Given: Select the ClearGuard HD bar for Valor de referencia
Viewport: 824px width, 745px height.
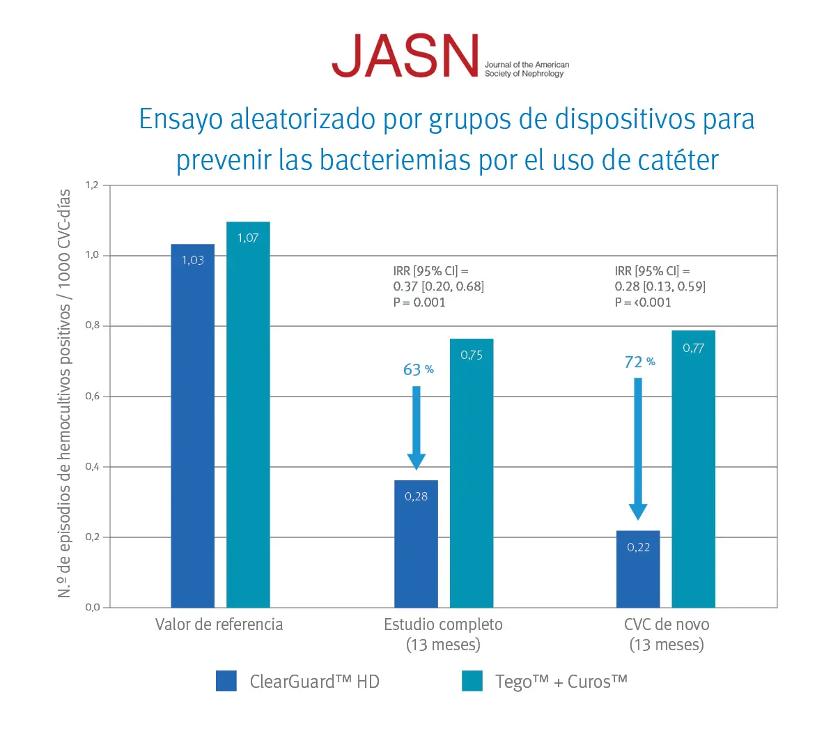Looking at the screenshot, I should [x=192, y=425].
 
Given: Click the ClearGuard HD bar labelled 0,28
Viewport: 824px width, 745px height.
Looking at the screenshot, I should [x=416, y=544].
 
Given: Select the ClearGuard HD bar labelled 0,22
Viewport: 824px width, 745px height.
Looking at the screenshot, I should [x=638, y=569].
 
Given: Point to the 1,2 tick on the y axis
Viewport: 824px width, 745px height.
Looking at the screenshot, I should [x=93, y=185].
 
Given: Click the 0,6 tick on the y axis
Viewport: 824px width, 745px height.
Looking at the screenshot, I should [x=93, y=396].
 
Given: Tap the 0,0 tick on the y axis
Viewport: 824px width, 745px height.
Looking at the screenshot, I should [x=93, y=607].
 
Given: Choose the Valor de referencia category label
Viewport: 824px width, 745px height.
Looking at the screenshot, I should [x=219, y=624].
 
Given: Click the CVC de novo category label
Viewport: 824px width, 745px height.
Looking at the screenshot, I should [x=667, y=624].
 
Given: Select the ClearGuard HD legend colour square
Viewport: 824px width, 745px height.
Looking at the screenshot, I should [x=226, y=681].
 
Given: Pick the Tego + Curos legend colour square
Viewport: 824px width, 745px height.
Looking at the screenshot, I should [x=472, y=681].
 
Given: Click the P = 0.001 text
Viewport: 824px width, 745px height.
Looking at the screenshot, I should [x=419, y=302].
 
